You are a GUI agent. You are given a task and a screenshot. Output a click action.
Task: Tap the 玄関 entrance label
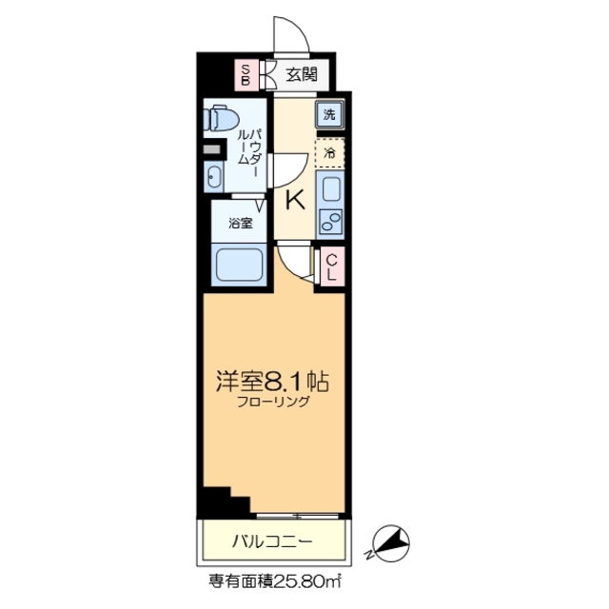click(302, 73)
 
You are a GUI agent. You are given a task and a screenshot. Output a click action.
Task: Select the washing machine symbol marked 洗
click(328, 116)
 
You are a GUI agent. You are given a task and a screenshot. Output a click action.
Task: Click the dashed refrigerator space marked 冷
click(329, 152)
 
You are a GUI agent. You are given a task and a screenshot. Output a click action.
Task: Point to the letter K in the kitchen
click(296, 200)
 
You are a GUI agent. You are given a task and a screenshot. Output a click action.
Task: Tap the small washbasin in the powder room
click(214, 176)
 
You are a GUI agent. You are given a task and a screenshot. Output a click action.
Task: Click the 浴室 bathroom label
click(240, 224)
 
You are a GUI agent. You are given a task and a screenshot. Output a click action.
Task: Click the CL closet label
click(332, 266)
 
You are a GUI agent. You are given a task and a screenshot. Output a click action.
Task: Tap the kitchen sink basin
click(329, 189)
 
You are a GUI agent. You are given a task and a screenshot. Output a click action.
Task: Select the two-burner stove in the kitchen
click(330, 225)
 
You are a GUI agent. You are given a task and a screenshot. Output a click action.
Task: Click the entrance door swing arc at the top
click(291, 35)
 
